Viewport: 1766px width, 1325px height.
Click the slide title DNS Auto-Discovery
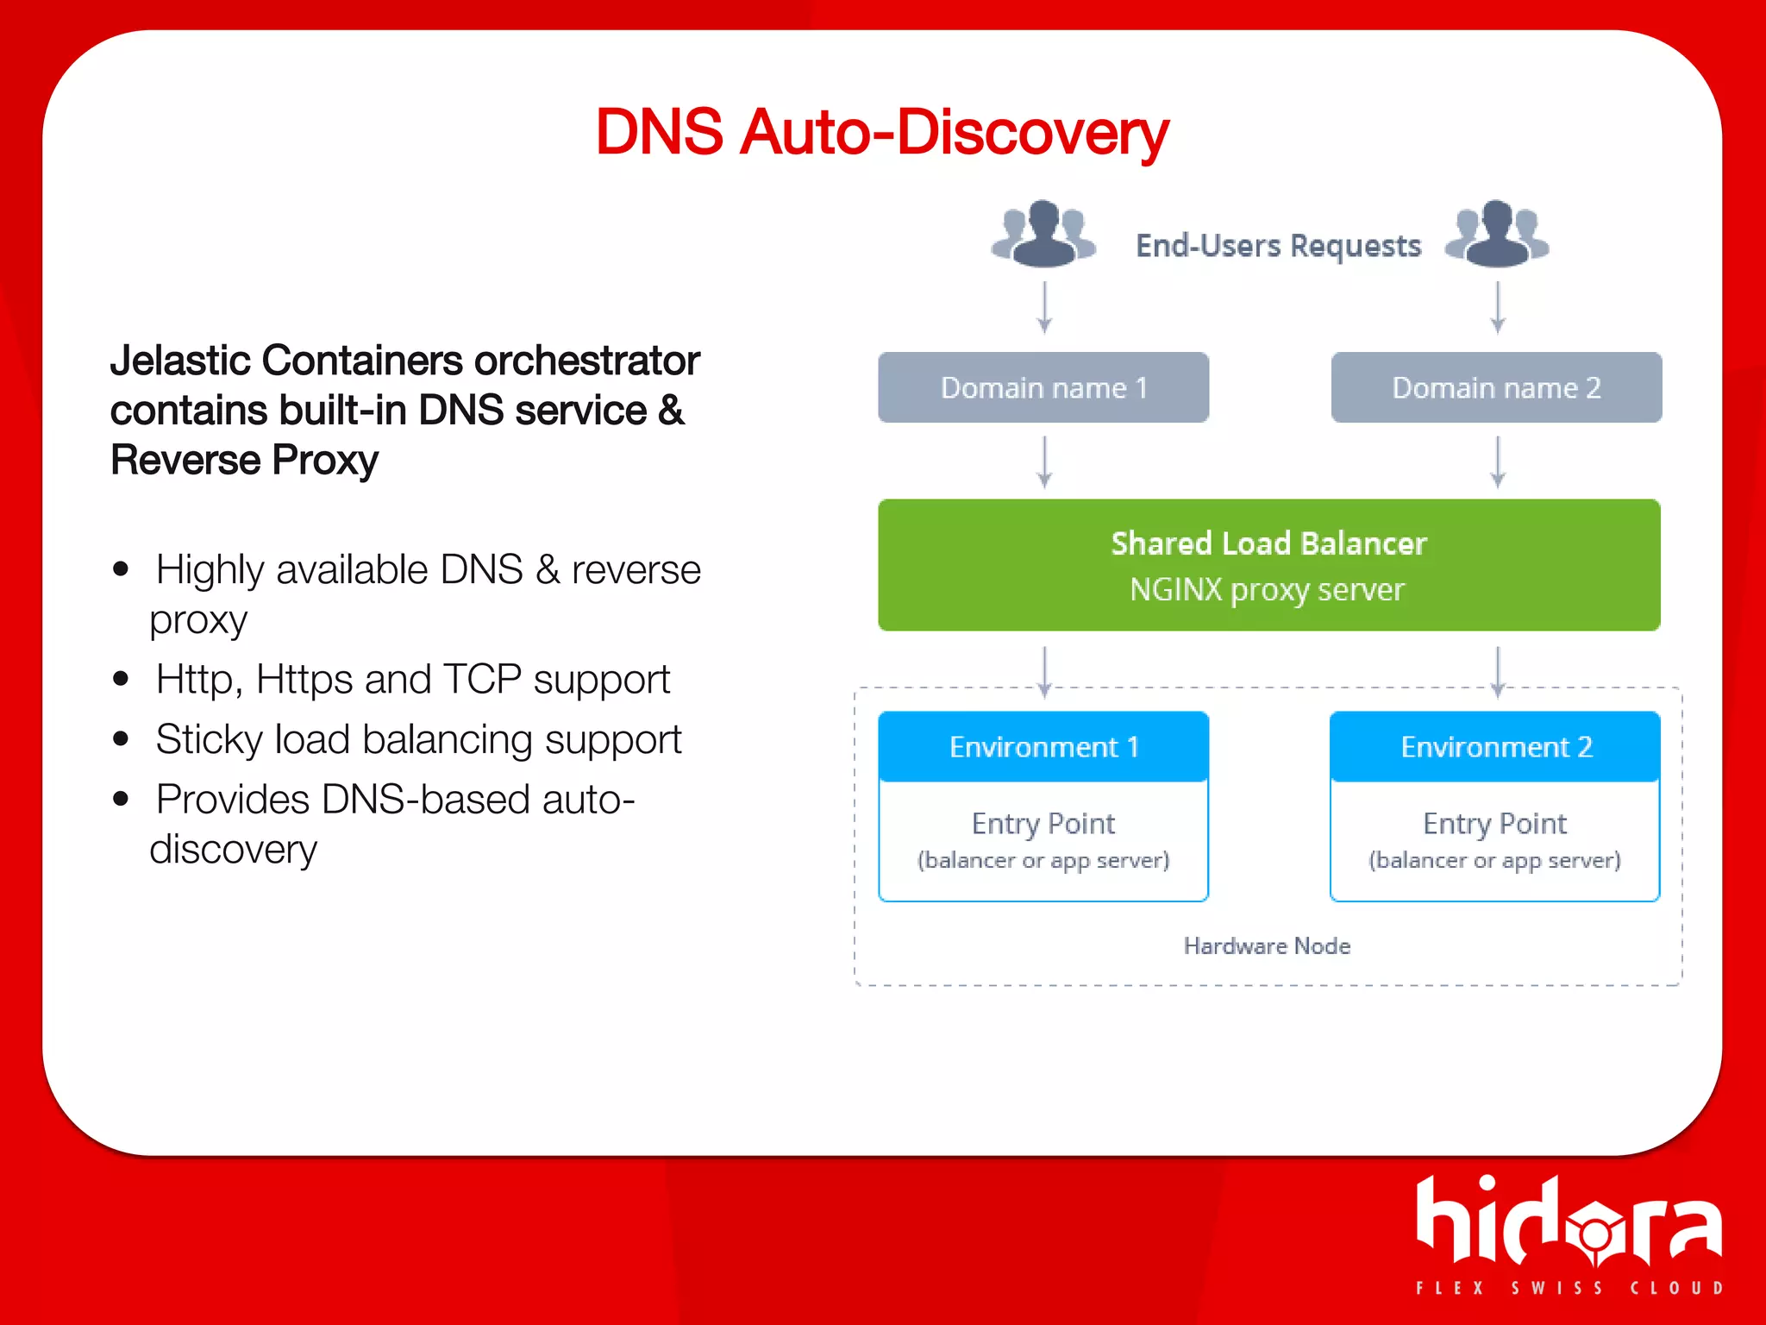point(881,133)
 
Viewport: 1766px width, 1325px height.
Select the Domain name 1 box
point(1043,387)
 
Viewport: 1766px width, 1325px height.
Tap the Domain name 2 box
point(1496,387)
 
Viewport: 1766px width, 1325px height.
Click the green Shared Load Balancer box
point(1268,564)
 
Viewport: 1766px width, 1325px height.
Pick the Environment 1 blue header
point(1043,746)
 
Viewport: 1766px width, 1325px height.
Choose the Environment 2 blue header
point(1495,746)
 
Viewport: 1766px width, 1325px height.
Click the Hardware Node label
point(1267,946)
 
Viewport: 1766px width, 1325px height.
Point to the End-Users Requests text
point(1278,246)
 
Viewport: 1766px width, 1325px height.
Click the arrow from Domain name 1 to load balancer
point(1044,462)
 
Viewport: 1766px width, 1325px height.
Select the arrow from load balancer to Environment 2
point(1498,671)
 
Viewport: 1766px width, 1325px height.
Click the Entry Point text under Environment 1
point(1043,824)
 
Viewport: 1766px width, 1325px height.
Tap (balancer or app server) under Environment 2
point(1494,860)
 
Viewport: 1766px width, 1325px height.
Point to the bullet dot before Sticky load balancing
point(121,739)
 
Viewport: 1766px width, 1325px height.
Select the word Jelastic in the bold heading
point(181,361)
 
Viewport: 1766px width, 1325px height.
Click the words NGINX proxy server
point(1267,590)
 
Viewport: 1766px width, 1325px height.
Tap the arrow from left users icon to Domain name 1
point(1044,307)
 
